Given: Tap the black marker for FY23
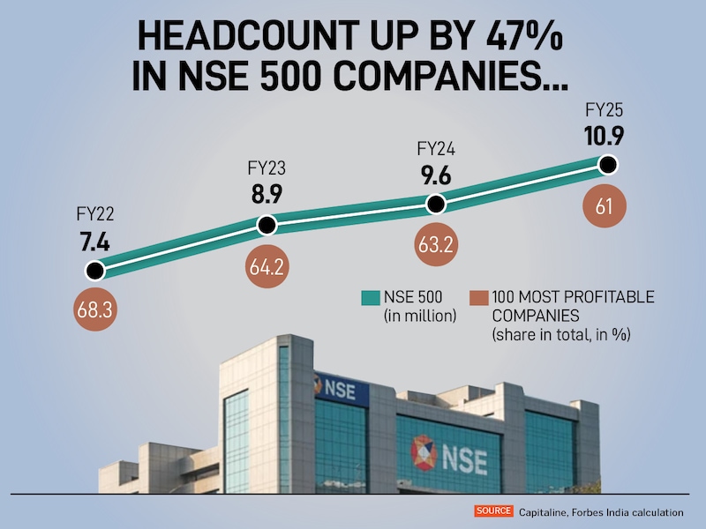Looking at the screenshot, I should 267,226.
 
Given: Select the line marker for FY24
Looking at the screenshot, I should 435,204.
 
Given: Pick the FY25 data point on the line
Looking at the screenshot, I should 607,164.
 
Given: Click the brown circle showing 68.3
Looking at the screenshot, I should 93,311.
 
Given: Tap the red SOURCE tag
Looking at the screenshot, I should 492,510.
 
